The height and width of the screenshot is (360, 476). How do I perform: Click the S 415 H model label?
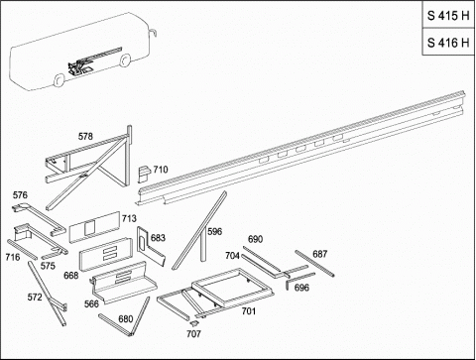(x=448, y=16)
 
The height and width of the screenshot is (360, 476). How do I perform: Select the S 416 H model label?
(x=448, y=43)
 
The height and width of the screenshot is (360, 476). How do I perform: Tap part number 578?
(x=85, y=136)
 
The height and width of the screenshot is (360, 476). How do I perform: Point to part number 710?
(x=161, y=170)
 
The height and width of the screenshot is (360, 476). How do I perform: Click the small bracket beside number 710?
(x=144, y=174)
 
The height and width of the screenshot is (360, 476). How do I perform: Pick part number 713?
(x=129, y=218)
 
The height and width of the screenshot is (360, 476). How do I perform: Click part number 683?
(x=158, y=238)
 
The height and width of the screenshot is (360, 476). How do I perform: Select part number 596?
(x=215, y=232)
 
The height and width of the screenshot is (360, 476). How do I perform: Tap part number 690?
(x=255, y=239)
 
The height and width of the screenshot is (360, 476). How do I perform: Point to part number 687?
(x=320, y=254)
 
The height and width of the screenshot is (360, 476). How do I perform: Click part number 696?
(x=301, y=288)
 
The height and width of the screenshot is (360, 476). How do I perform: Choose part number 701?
(x=249, y=311)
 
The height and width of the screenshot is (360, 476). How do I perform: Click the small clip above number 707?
(x=194, y=322)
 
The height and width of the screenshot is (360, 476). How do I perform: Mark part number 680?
(x=126, y=319)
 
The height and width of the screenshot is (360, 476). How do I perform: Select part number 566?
(x=91, y=303)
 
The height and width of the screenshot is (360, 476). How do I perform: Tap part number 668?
(x=71, y=276)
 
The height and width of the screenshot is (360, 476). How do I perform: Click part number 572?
(x=35, y=298)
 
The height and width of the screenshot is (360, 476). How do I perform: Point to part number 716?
(x=13, y=257)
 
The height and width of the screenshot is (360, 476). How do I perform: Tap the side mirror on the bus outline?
(x=154, y=33)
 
